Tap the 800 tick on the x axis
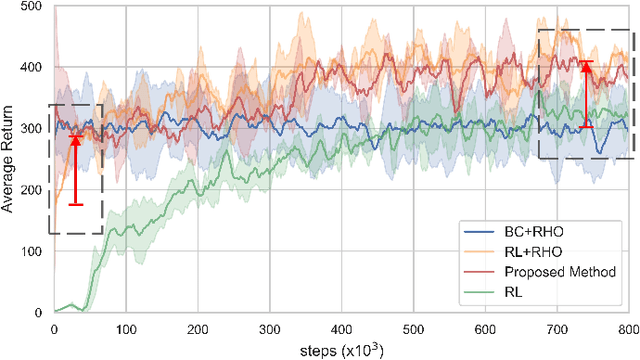628,327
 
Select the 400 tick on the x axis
341,327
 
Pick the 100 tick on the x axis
125,327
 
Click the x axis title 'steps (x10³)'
341,347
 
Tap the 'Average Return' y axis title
9,160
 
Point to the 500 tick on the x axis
413,327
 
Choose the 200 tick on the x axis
197,327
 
